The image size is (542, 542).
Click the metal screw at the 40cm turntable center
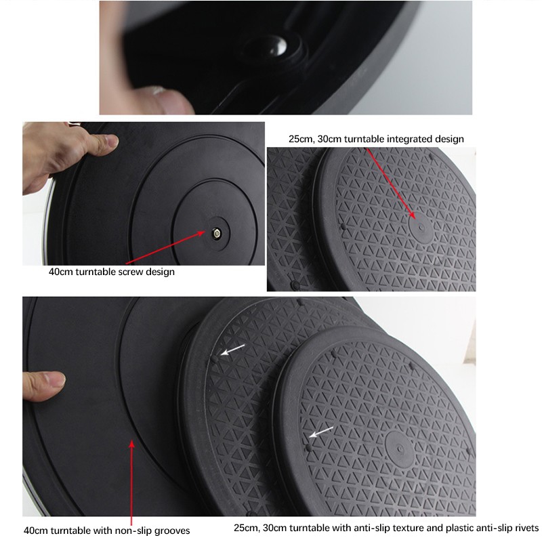pos(217,234)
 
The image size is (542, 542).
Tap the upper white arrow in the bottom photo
pos(232,350)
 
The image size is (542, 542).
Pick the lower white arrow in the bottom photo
pos(320,432)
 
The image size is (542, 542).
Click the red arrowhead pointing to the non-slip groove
pos(131,444)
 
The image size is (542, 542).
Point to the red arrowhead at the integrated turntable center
pos(413,215)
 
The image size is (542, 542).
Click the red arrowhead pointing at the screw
pos(201,234)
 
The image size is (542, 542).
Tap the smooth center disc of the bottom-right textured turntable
pos(400,449)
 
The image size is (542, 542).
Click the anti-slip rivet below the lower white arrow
pos(308,448)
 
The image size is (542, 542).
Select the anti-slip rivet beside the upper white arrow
pos(215,360)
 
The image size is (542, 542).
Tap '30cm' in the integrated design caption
pos(329,139)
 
